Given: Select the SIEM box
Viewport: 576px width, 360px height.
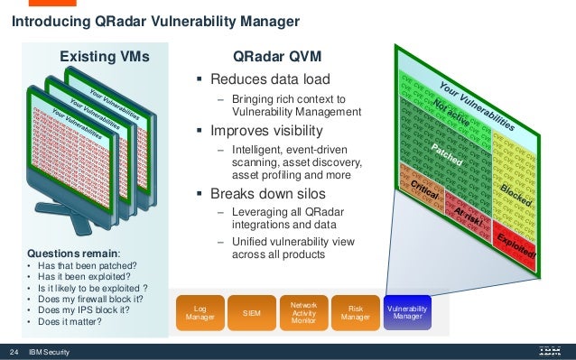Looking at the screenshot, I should click(252, 312).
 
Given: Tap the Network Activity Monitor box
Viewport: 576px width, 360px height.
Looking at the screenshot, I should click(303, 312).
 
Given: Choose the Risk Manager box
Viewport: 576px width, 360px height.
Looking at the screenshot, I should click(355, 312).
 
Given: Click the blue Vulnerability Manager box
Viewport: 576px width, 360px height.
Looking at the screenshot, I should click(408, 312).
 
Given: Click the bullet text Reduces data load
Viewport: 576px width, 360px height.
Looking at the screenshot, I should click(264, 79).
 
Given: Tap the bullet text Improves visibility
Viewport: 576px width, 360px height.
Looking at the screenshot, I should click(266, 130).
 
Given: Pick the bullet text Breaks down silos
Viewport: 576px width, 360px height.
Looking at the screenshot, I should click(268, 193).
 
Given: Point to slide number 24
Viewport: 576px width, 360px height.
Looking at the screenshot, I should click(14, 351).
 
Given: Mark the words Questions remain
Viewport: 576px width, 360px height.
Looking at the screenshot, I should click(64, 254).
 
